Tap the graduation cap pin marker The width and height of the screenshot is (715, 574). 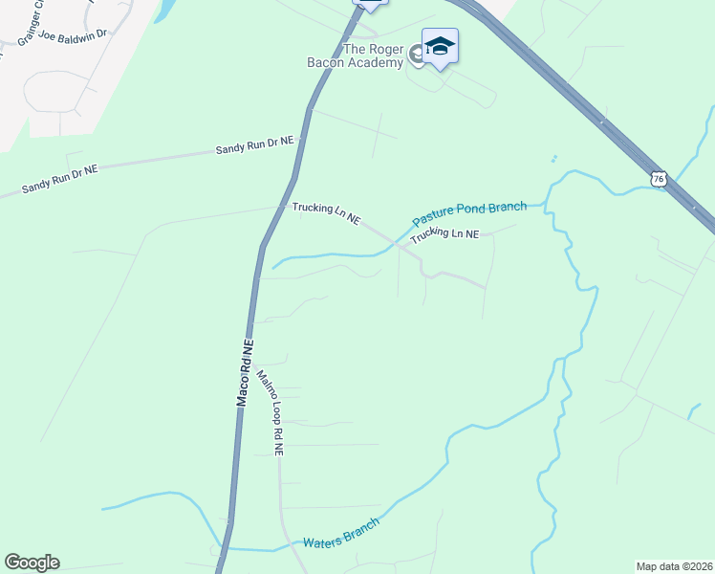coord(440,47)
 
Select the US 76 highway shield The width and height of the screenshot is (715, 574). coord(658,179)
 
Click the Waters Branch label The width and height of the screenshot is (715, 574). coord(341,533)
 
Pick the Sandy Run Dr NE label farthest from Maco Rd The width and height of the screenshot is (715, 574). coord(60,180)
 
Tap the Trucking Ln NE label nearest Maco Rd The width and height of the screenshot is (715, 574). coord(326,212)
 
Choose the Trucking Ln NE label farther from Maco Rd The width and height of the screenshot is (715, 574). coord(444,234)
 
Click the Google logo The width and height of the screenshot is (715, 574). coord(32,563)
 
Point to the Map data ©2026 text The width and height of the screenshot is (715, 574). coord(674,565)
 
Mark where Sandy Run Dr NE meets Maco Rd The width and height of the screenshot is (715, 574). coord(300,141)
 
